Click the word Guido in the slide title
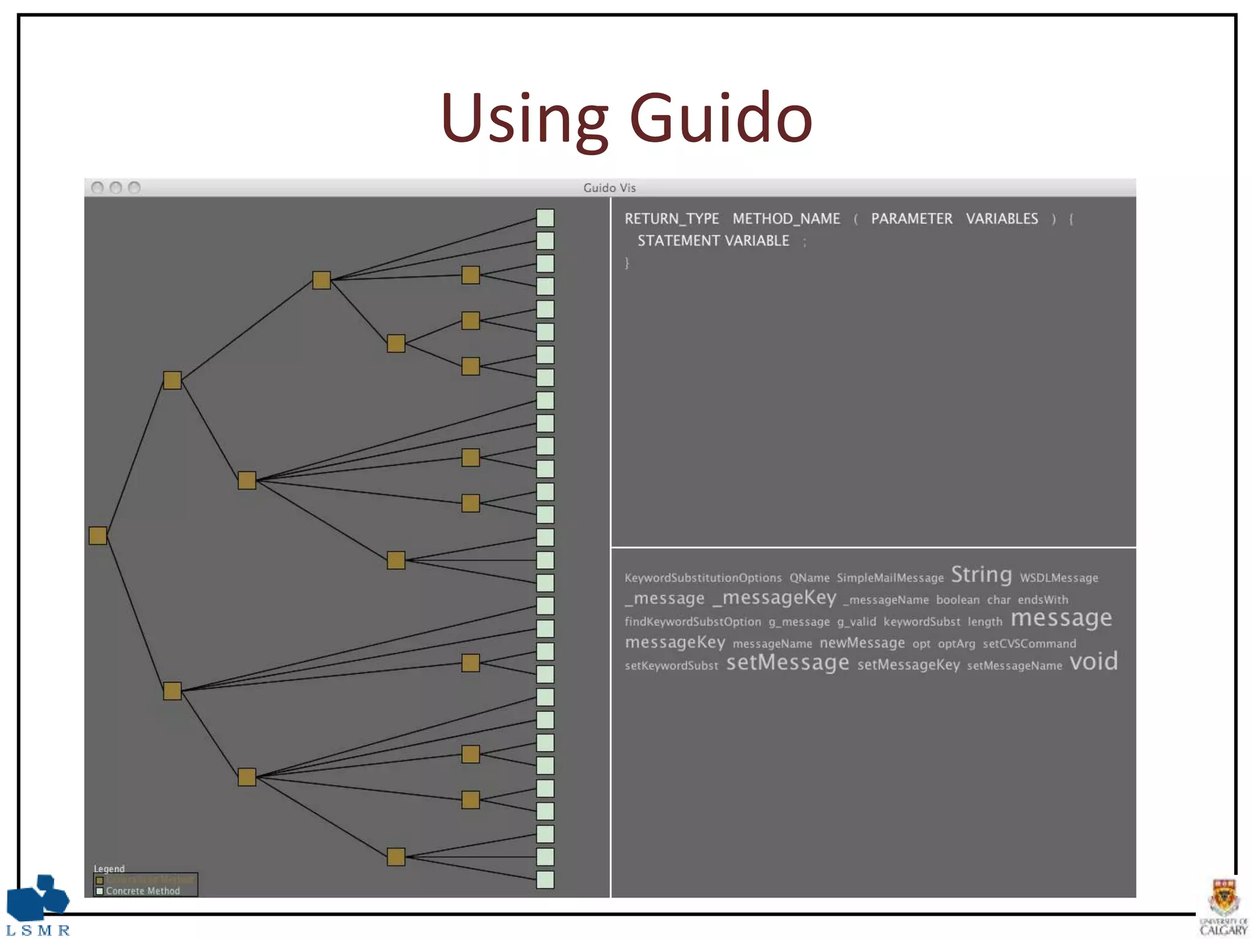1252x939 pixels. point(721,118)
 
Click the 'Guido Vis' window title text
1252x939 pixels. point(609,188)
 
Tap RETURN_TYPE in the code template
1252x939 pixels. point(671,219)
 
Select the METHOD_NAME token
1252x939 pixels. point(786,219)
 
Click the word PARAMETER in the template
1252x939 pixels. point(911,219)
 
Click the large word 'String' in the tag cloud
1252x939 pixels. point(981,575)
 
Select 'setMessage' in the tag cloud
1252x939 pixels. point(787,663)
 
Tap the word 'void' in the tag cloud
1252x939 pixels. point(1094,661)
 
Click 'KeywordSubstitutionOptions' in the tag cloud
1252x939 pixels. point(703,578)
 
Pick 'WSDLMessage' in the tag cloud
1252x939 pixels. point(1059,578)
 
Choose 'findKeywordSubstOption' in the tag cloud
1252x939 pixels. point(693,622)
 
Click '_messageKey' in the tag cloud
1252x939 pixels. point(775,597)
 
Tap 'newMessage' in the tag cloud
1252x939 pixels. point(862,643)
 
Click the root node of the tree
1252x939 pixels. point(98,536)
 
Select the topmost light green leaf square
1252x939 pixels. point(545,218)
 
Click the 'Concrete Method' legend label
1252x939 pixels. point(143,891)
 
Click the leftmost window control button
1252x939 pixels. point(97,188)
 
